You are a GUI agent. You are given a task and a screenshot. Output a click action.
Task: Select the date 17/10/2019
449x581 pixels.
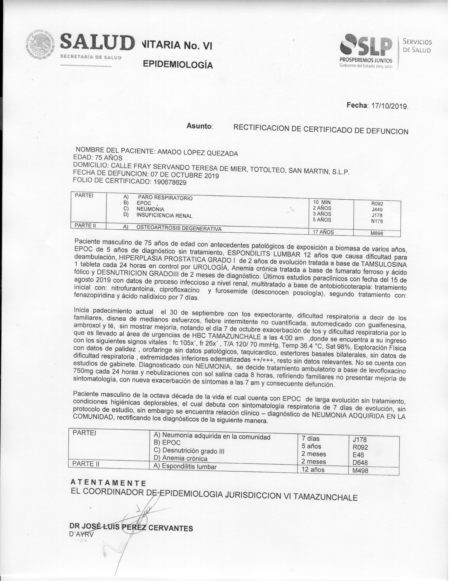(x=390, y=106)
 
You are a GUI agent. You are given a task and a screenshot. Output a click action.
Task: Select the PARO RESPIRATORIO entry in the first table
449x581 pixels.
(x=165, y=198)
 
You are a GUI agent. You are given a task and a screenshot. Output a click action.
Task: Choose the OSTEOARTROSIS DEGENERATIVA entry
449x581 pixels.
(x=179, y=228)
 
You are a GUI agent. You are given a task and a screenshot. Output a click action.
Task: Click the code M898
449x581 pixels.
(x=377, y=234)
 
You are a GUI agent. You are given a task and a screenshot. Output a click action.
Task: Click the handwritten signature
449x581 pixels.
(x=138, y=516)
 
